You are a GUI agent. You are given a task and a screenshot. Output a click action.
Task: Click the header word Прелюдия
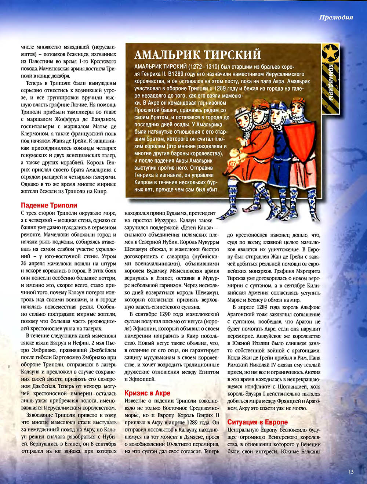336,18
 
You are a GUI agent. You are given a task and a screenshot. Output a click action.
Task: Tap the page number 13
351,472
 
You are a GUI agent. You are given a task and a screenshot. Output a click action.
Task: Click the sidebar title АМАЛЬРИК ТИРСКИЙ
198,55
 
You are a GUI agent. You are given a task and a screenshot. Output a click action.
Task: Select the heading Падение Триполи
49,205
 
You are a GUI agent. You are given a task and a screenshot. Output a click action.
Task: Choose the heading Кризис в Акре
148,393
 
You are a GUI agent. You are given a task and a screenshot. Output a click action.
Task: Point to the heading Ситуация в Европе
257,422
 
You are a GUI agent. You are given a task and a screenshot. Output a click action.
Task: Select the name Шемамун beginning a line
135,249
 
